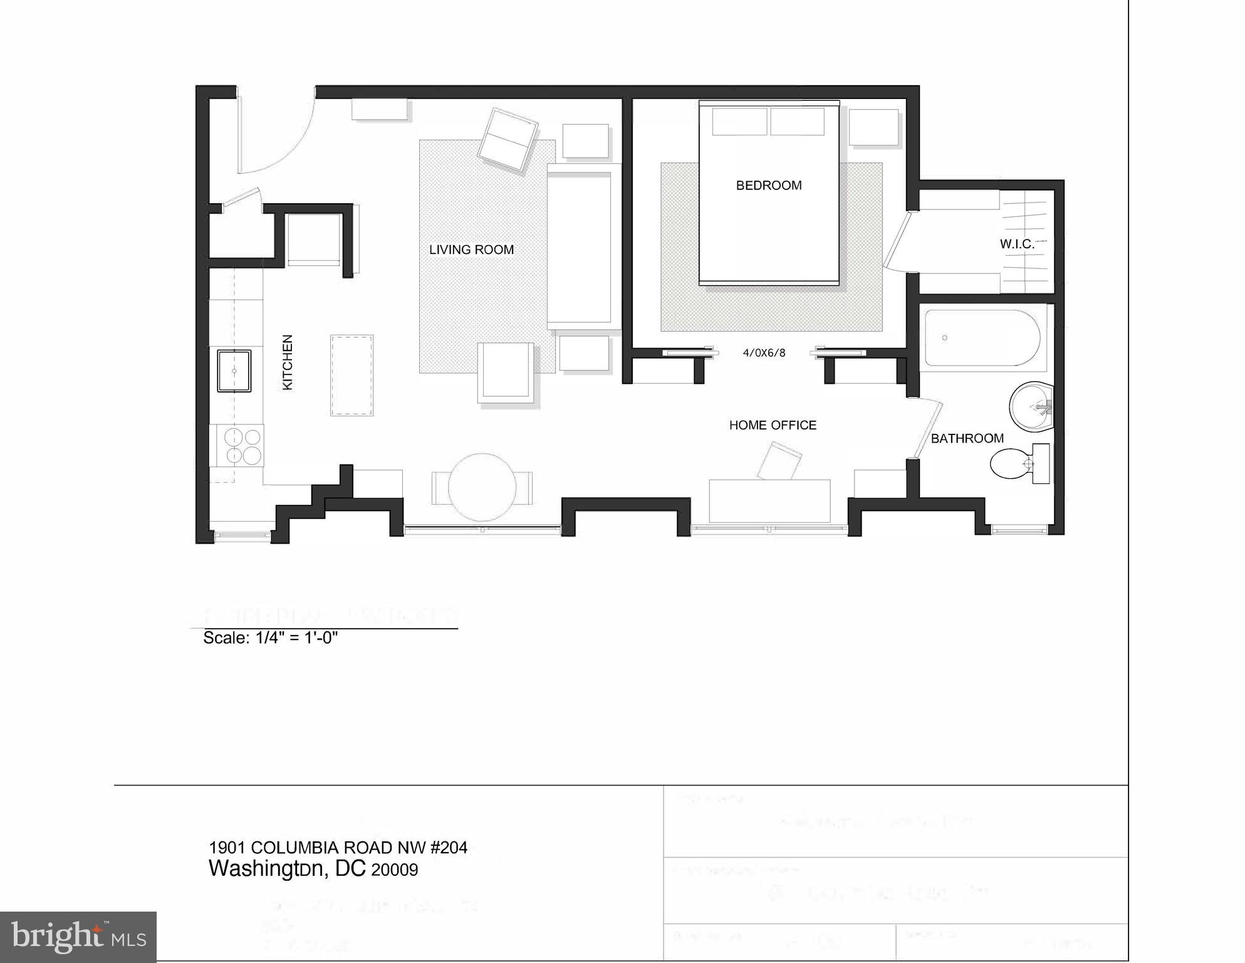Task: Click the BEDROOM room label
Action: pyautogui.click(x=768, y=186)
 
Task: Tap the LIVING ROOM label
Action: pyautogui.click(x=471, y=250)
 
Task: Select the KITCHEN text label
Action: pyautogui.click(x=288, y=362)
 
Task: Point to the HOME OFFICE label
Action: pyautogui.click(x=773, y=425)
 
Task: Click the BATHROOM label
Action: pyautogui.click(x=967, y=439)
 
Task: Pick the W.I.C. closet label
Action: pyautogui.click(x=1016, y=245)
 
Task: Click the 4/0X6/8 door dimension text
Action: pyautogui.click(x=764, y=353)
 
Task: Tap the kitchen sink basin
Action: pyautogui.click(x=234, y=371)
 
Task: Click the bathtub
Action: pyautogui.click(x=982, y=339)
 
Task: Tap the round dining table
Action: pyautogui.click(x=482, y=487)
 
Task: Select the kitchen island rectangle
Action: pyautogui.click(x=352, y=376)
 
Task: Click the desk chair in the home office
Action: pyautogui.click(x=779, y=461)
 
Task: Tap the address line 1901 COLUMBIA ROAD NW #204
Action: pyautogui.click(x=338, y=848)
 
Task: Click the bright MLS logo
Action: pyautogui.click(x=78, y=937)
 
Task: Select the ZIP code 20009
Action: pyautogui.click(x=395, y=870)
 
